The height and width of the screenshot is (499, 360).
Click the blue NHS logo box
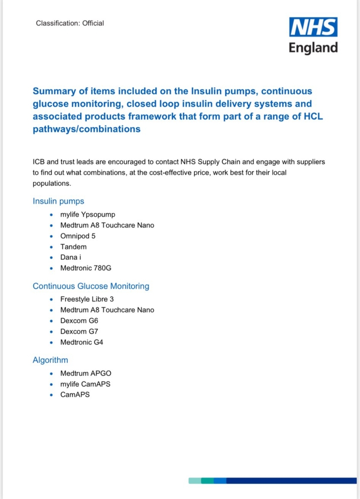tap(313, 27)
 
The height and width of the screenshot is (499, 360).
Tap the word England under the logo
tap(313, 48)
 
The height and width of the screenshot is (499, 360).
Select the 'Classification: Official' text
tap(70, 23)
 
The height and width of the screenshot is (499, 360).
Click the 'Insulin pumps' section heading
tap(58, 201)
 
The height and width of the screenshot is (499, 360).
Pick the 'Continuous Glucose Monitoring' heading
tap(91, 286)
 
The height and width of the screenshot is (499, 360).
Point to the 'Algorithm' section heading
tap(50, 360)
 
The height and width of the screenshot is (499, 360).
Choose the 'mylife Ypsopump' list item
tap(88, 214)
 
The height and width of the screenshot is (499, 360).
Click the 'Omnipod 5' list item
tap(78, 236)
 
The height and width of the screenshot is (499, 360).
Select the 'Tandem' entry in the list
tap(73, 247)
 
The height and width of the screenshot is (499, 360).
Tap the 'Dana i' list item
tap(70, 257)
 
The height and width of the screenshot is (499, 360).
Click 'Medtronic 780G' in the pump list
tap(86, 268)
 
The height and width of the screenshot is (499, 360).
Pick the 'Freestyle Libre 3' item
tap(87, 299)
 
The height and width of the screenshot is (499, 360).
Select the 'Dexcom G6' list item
tap(79, 321)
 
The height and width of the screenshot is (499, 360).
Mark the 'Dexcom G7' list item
tap(79, 332)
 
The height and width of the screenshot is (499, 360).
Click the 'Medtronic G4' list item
tap(82, 342)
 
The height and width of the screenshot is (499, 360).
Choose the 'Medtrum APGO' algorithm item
tap(86, 373)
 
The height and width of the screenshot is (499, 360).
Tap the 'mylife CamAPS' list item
tap(85, 384)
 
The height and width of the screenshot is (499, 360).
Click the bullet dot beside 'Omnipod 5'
tap(51, 236)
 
